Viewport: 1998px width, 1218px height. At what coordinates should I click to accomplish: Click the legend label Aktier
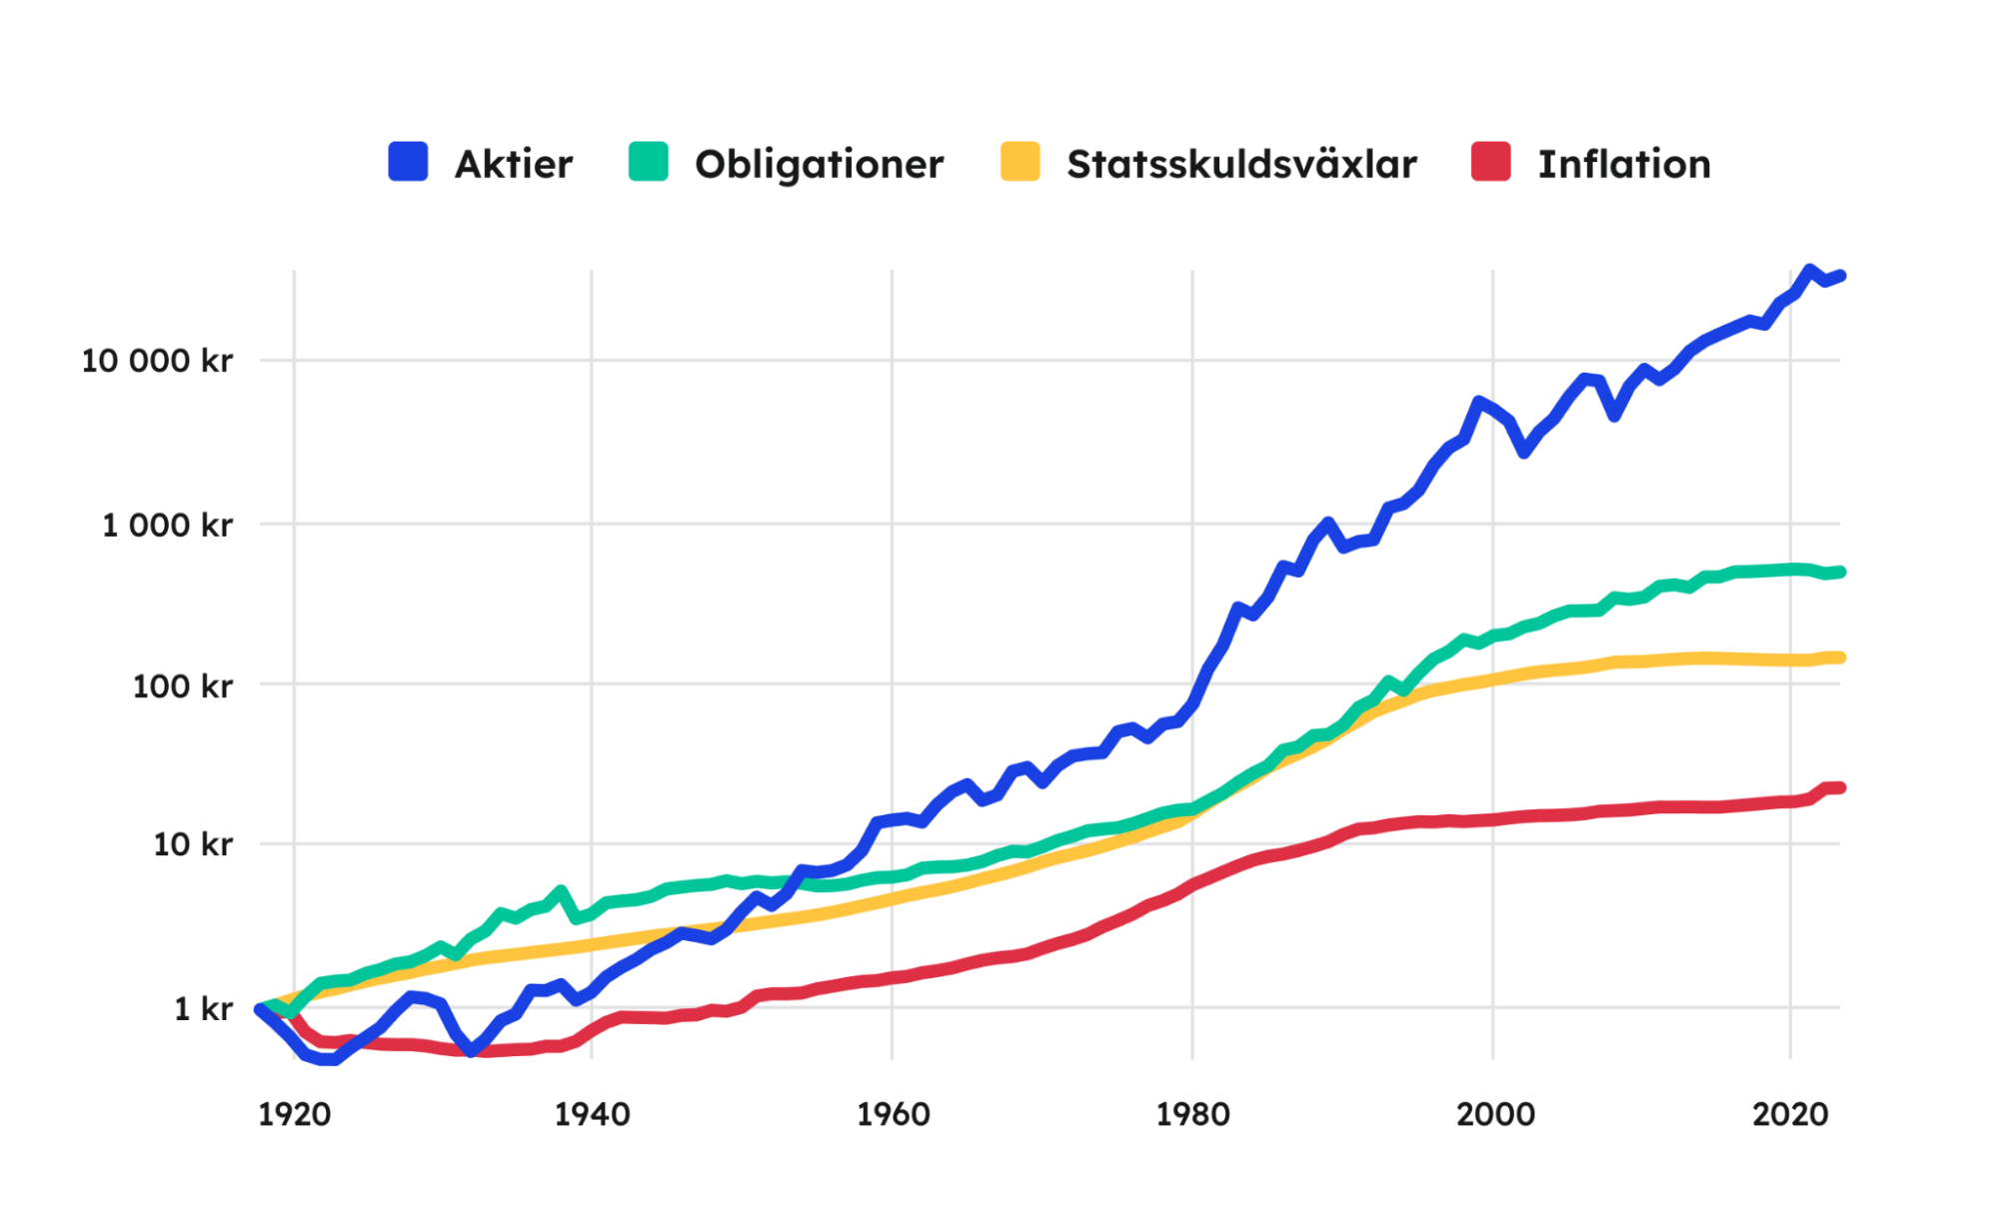coord(514,164)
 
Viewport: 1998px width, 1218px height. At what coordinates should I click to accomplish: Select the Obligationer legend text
coord(819,164)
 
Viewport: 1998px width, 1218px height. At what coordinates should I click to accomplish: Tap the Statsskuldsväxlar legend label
coord(1241,164)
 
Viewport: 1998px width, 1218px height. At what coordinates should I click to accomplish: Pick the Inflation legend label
coord(1624,164)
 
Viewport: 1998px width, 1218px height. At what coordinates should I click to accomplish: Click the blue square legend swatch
coord(408,162)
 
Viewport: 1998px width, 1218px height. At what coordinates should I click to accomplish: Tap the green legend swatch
coord(648,162)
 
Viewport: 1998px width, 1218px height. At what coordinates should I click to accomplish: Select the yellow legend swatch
coord(1019,162)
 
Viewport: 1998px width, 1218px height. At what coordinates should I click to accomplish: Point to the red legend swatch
coord(1490,162)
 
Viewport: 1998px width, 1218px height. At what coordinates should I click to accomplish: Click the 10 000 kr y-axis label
coord(157,361)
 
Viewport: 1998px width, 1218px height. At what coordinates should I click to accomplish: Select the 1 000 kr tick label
coord(167,525)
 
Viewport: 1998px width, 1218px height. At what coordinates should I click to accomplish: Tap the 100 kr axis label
coord(182,686)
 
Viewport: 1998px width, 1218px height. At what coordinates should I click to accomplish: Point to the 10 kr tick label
coord(192,844)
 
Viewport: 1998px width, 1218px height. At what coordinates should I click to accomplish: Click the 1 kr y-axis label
coord(203,1009)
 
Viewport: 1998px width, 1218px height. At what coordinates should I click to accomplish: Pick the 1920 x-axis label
coord(294,1114)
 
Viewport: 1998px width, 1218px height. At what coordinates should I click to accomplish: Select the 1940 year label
coord(592,1114)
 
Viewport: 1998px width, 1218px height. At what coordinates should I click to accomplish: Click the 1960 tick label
coord(893,1114)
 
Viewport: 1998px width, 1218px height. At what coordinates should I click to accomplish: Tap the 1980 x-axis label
coord(1192,1114)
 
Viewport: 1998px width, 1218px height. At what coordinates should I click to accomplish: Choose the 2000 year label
coord(1494,1114)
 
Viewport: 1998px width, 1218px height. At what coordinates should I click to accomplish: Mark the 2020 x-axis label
coord(1790,1114)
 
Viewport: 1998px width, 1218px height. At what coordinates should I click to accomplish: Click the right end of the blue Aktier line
coord(1840,276)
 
